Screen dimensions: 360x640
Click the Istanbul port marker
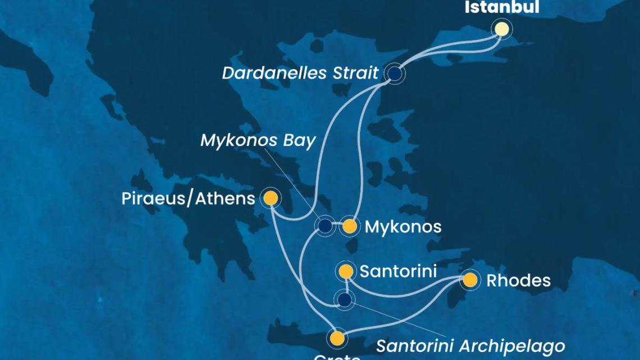point(501,29)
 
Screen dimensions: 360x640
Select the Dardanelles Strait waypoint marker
point(395,74)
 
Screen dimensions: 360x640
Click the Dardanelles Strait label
point(300,74)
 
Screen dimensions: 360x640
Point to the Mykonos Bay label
point(258,140)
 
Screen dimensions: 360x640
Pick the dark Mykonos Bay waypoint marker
point(325,226)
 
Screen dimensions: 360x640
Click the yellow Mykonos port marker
point(349,226)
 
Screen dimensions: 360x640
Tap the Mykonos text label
point(403,227)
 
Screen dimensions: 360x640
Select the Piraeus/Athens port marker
point(271,198)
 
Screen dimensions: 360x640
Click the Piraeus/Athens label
point(189,198)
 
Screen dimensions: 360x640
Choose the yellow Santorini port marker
point(346,272)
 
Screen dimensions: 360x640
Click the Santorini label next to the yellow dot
point(398,272)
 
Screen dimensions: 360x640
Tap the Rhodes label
point(518,280)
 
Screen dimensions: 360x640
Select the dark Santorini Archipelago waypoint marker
point(344,299)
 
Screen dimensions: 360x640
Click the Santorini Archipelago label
point(470,345)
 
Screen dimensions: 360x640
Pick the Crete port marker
point(337,339)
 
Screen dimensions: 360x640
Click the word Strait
point(353,74)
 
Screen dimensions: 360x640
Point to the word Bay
point(299,140)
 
